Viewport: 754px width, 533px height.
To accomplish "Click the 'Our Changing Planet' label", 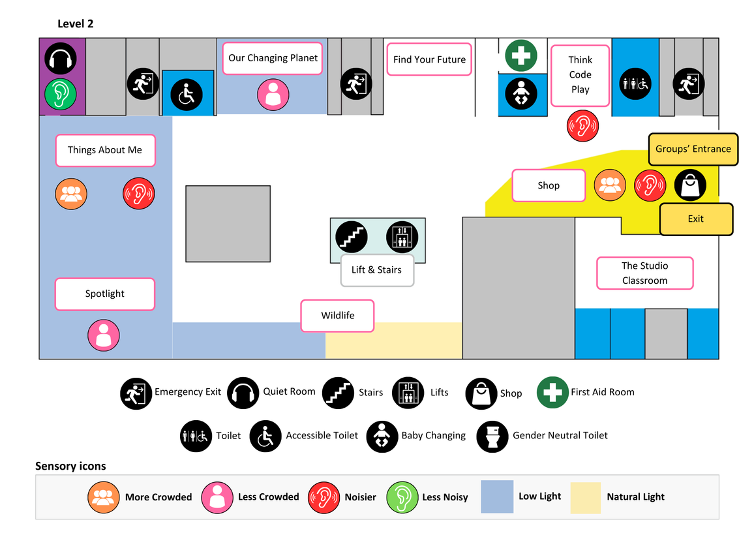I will coord(273,58).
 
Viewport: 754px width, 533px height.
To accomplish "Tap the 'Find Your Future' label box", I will coord(429,59).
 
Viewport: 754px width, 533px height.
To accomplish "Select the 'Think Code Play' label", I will coord(580,75).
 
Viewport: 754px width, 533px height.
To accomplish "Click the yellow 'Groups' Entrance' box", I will coord(693,149).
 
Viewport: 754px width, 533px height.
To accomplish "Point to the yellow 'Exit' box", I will coord(696,219).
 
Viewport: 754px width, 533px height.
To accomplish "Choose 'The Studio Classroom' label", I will coord(644,273).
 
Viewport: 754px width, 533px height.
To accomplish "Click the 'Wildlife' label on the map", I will coord(337,316).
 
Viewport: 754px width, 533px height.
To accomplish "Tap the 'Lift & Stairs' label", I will coord(376,270).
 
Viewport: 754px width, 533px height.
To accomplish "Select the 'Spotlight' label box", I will coord(104,294).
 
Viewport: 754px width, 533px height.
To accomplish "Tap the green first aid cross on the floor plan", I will coord(520,55).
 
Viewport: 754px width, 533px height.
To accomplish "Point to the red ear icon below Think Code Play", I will coord(582,125).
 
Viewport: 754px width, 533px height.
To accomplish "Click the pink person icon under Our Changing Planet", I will coord(272,94).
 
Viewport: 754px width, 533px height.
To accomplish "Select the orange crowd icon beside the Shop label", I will coord(610,185).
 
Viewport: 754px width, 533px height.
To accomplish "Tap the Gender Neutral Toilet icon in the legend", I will coord(492,436).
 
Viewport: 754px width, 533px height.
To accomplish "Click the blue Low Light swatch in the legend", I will coord(497,497).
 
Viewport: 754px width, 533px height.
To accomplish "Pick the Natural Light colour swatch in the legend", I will coord(585,497).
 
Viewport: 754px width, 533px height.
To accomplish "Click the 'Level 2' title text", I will coord(76,24).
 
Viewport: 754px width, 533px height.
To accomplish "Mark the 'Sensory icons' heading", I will coord(70,466).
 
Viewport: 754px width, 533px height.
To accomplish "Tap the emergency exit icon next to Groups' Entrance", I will coord(689,84).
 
